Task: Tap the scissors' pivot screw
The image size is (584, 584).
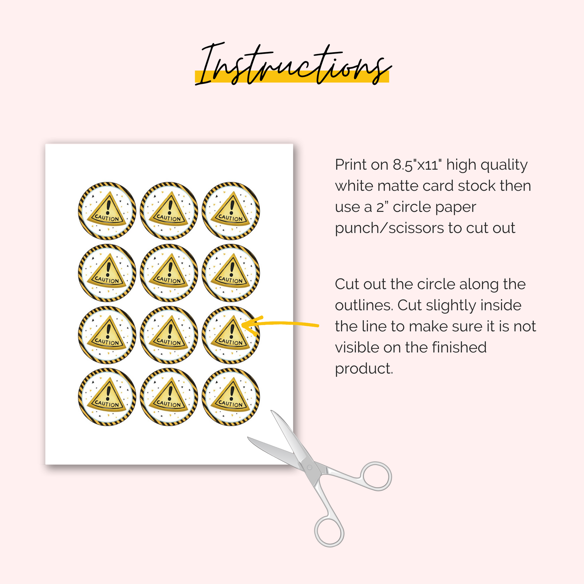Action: pyautogui.click(x=309, y=467)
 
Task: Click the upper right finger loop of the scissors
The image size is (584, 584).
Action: pyautogui.click(x=377, y=476)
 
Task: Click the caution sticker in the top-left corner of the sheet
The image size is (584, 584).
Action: pyautogui.click(x=107, y=211)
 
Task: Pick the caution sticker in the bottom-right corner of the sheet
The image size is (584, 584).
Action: pyautogui.click(x=231, y=397)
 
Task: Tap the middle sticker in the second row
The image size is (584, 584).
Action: pyautogui.click(x=169, y=273)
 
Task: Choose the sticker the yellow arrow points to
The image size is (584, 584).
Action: pyautogui.click(x=231, y=335)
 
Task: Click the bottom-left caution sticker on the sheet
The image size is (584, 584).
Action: pyautogui.click(x=107, y=397)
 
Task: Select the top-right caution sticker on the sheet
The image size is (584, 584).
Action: pyautogui.click(x=231, y=211)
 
